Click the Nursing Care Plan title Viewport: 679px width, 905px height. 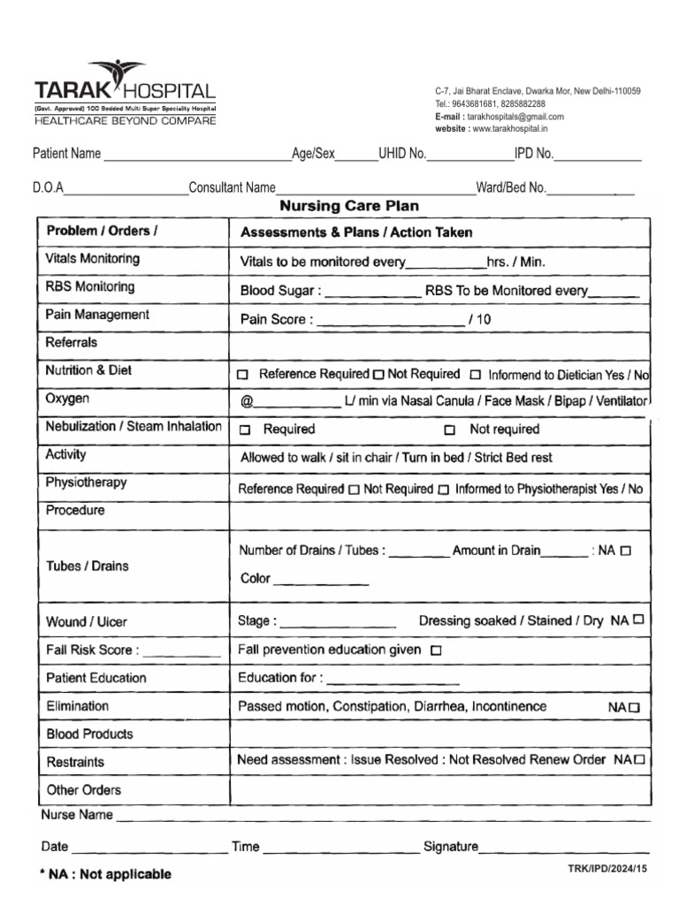349,206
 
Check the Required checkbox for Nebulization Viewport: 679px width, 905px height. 245,430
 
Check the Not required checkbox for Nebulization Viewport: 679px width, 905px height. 450,430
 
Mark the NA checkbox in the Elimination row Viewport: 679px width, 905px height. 634,708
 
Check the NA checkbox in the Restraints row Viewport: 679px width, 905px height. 639,759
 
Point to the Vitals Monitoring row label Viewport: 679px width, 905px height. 92,259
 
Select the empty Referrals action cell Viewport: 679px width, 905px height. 439,344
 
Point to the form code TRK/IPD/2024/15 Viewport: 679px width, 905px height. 607,870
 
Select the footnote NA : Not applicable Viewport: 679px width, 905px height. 106,874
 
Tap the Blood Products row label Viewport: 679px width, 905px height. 89,734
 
